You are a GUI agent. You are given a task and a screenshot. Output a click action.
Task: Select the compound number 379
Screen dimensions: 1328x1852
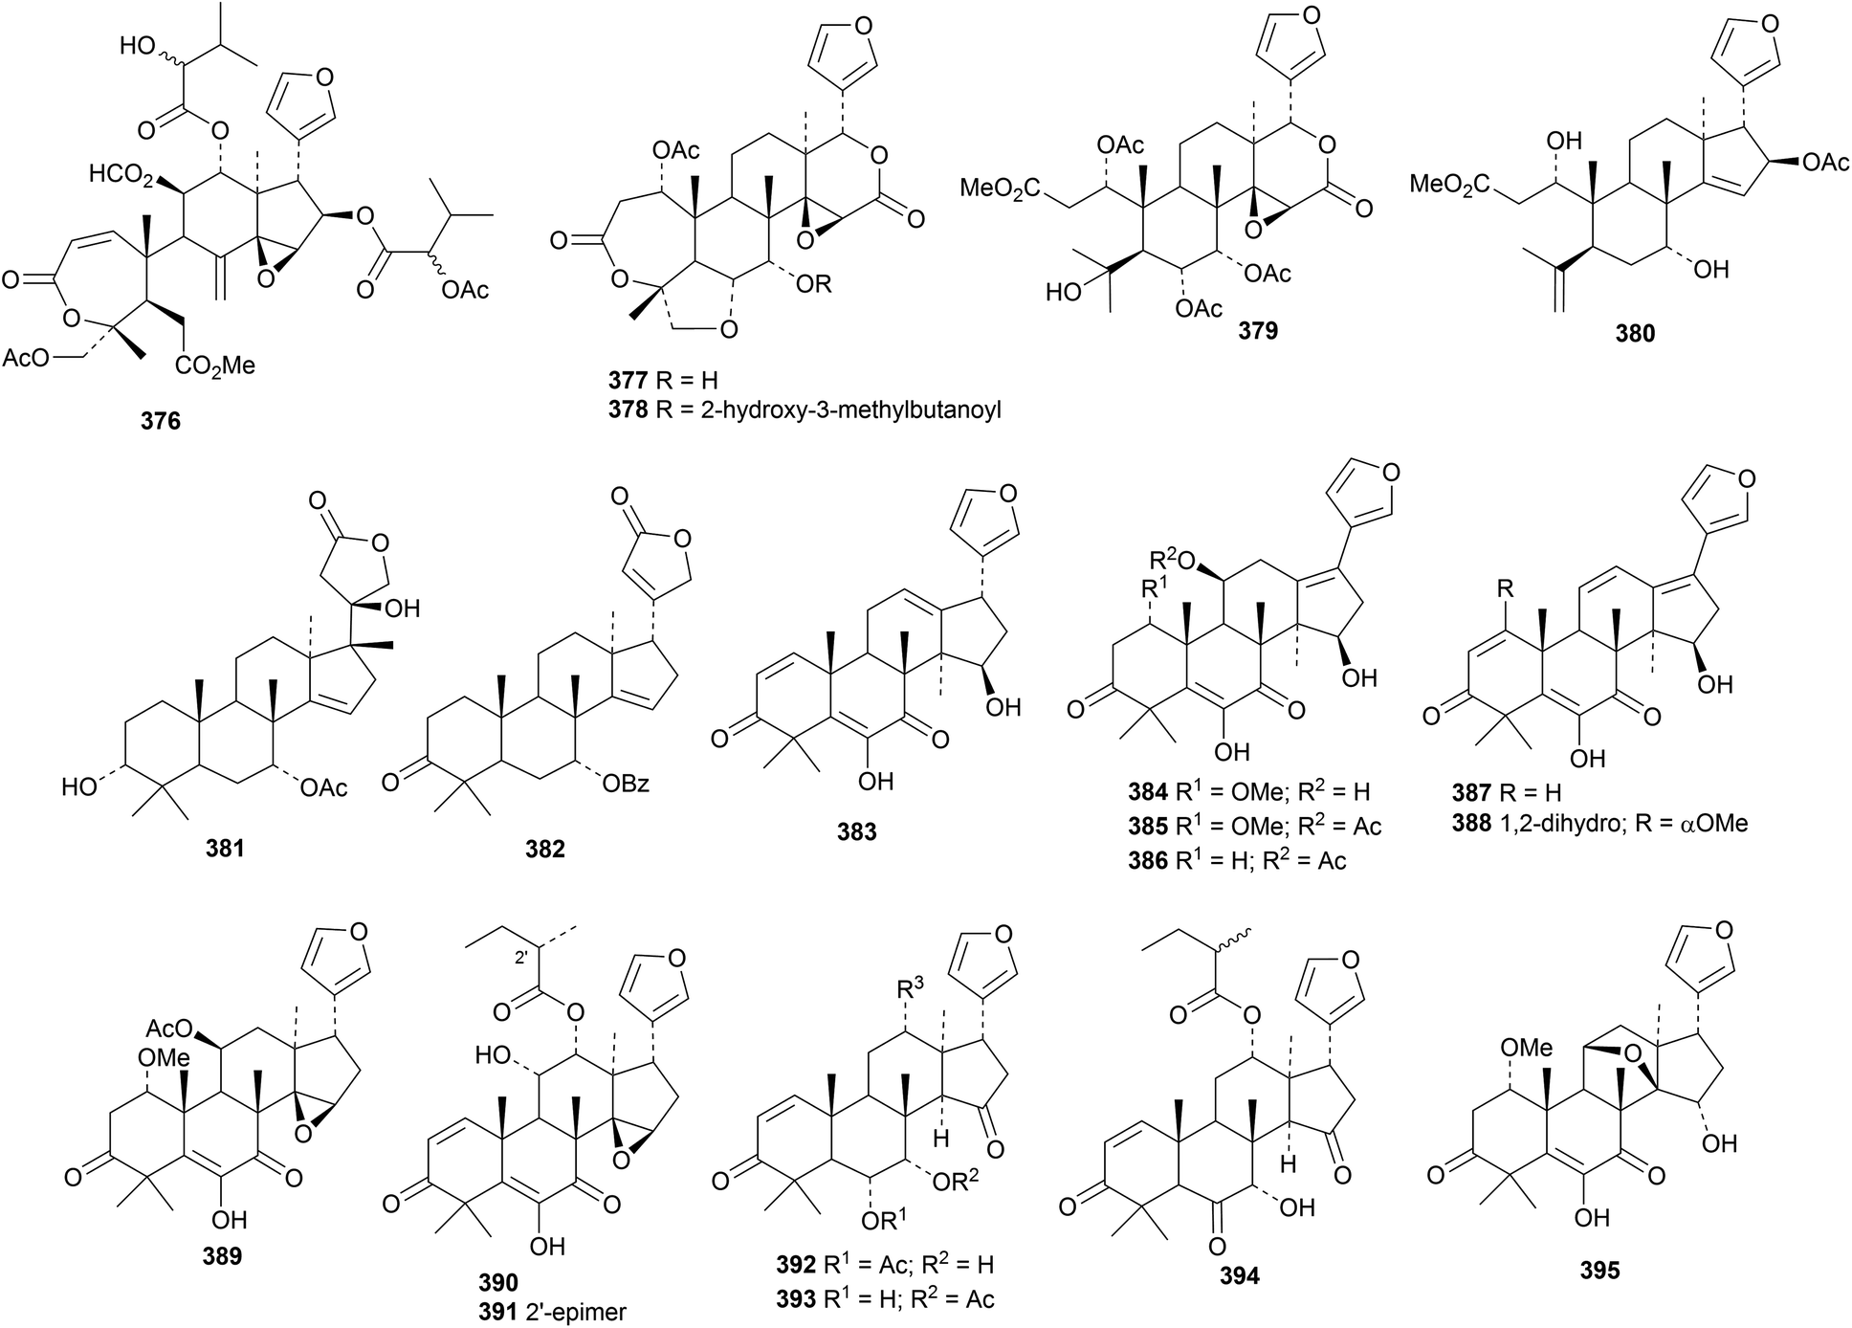coord(1258,331)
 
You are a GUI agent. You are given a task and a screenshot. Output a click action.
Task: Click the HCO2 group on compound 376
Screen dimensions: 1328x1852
coord(121,174)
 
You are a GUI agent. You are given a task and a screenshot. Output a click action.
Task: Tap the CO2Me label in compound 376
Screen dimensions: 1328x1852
coord(215,365)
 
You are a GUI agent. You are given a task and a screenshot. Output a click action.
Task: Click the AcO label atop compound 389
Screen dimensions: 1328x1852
coord(168,1029)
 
